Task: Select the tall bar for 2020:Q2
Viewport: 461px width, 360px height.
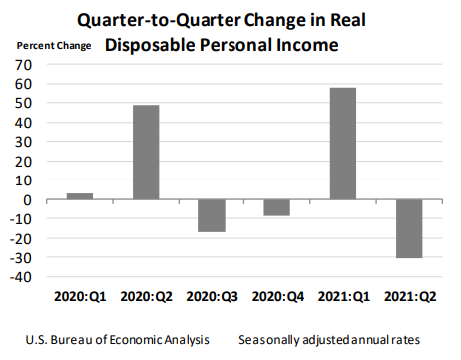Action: point(146,153)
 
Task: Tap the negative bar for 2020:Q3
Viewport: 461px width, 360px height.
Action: point(212,216)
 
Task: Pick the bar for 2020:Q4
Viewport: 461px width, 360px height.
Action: point(276,207)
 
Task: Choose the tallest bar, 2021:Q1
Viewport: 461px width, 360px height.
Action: point(342,144)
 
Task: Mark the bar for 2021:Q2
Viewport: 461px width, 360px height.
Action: point(408,229)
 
